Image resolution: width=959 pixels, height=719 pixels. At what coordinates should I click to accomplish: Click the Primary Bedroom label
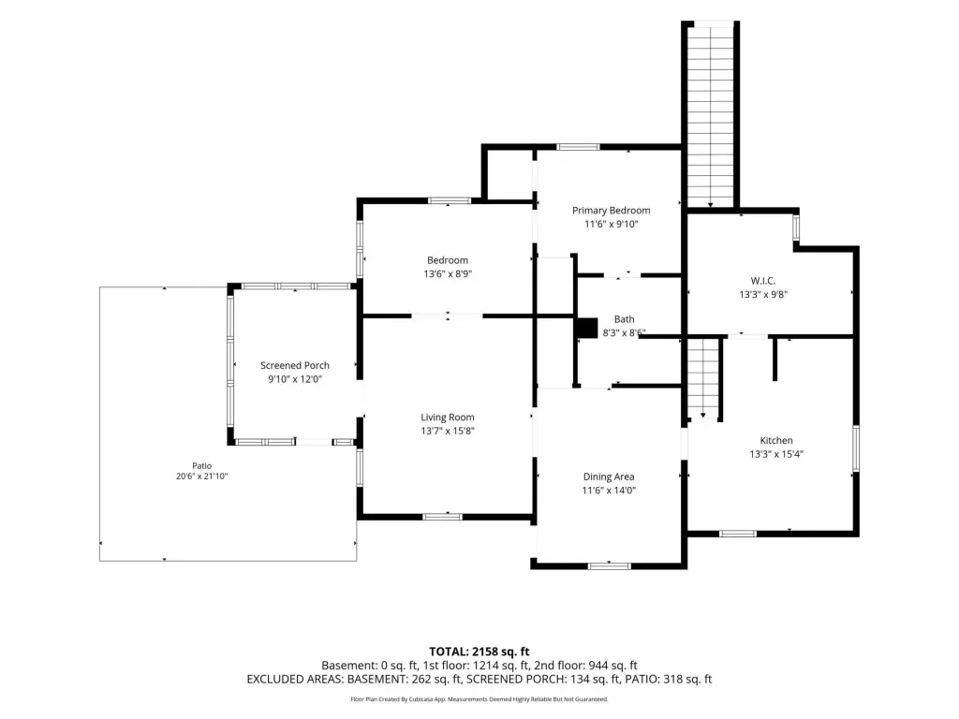point(611,211)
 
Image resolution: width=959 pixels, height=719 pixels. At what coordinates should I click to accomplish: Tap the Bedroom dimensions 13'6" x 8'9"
point(448,274)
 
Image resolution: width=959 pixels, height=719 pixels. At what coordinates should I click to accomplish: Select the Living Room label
point(448,418)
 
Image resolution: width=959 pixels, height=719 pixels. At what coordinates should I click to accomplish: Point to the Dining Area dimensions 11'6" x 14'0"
point(609,491)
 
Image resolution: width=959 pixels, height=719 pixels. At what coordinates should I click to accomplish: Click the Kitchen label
point(776,440)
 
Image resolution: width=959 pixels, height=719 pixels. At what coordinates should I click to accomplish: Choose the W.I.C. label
point(763,281)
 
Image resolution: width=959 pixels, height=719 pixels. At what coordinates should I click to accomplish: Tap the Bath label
point(625,319)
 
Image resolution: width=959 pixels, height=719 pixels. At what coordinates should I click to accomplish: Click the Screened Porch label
point(295,366)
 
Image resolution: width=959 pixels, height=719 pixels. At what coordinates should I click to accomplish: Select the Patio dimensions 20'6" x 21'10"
point(202,477)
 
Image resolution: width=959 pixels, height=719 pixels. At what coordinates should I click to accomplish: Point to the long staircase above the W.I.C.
point(711,116)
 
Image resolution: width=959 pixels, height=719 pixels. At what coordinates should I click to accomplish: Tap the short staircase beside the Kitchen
point(702,376)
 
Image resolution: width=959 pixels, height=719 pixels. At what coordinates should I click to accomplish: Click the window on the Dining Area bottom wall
point(609,566)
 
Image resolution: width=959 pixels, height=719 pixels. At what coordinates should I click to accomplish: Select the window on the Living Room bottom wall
point(443,517)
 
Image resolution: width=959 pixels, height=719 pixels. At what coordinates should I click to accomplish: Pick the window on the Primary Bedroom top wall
point(578,147)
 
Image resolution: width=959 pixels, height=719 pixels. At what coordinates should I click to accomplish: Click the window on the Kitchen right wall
point(856,448)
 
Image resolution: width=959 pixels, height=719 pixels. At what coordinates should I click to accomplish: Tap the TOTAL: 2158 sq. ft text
point(479,652)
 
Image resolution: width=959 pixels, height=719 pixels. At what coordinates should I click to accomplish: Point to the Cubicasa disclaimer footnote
point(479,699)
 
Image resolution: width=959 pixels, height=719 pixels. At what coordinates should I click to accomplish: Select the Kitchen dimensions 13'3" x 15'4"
point(776,454)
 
